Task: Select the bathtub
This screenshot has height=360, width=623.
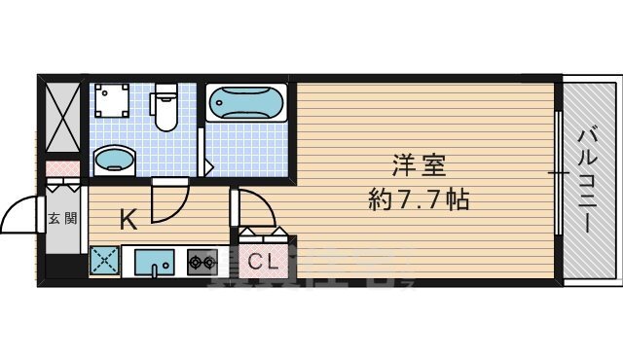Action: point(245,103)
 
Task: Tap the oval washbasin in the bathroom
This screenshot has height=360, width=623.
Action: point(115,159)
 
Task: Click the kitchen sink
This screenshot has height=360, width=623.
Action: point(154,262)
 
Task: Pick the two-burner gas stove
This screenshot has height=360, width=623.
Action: point(202,262)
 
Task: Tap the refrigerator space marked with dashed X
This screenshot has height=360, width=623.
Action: point(104,262)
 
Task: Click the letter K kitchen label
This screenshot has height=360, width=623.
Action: point(128,220)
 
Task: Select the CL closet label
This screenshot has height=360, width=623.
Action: point(260,261)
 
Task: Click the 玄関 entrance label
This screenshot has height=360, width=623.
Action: point(62,218)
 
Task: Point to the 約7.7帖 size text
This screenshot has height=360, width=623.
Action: point(420,200)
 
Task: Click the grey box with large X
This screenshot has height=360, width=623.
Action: point(62,118)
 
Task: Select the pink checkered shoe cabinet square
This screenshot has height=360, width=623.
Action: point(62,168)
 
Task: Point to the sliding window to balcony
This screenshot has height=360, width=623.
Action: point(559,173)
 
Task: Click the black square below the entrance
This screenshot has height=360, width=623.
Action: point(62,263)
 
